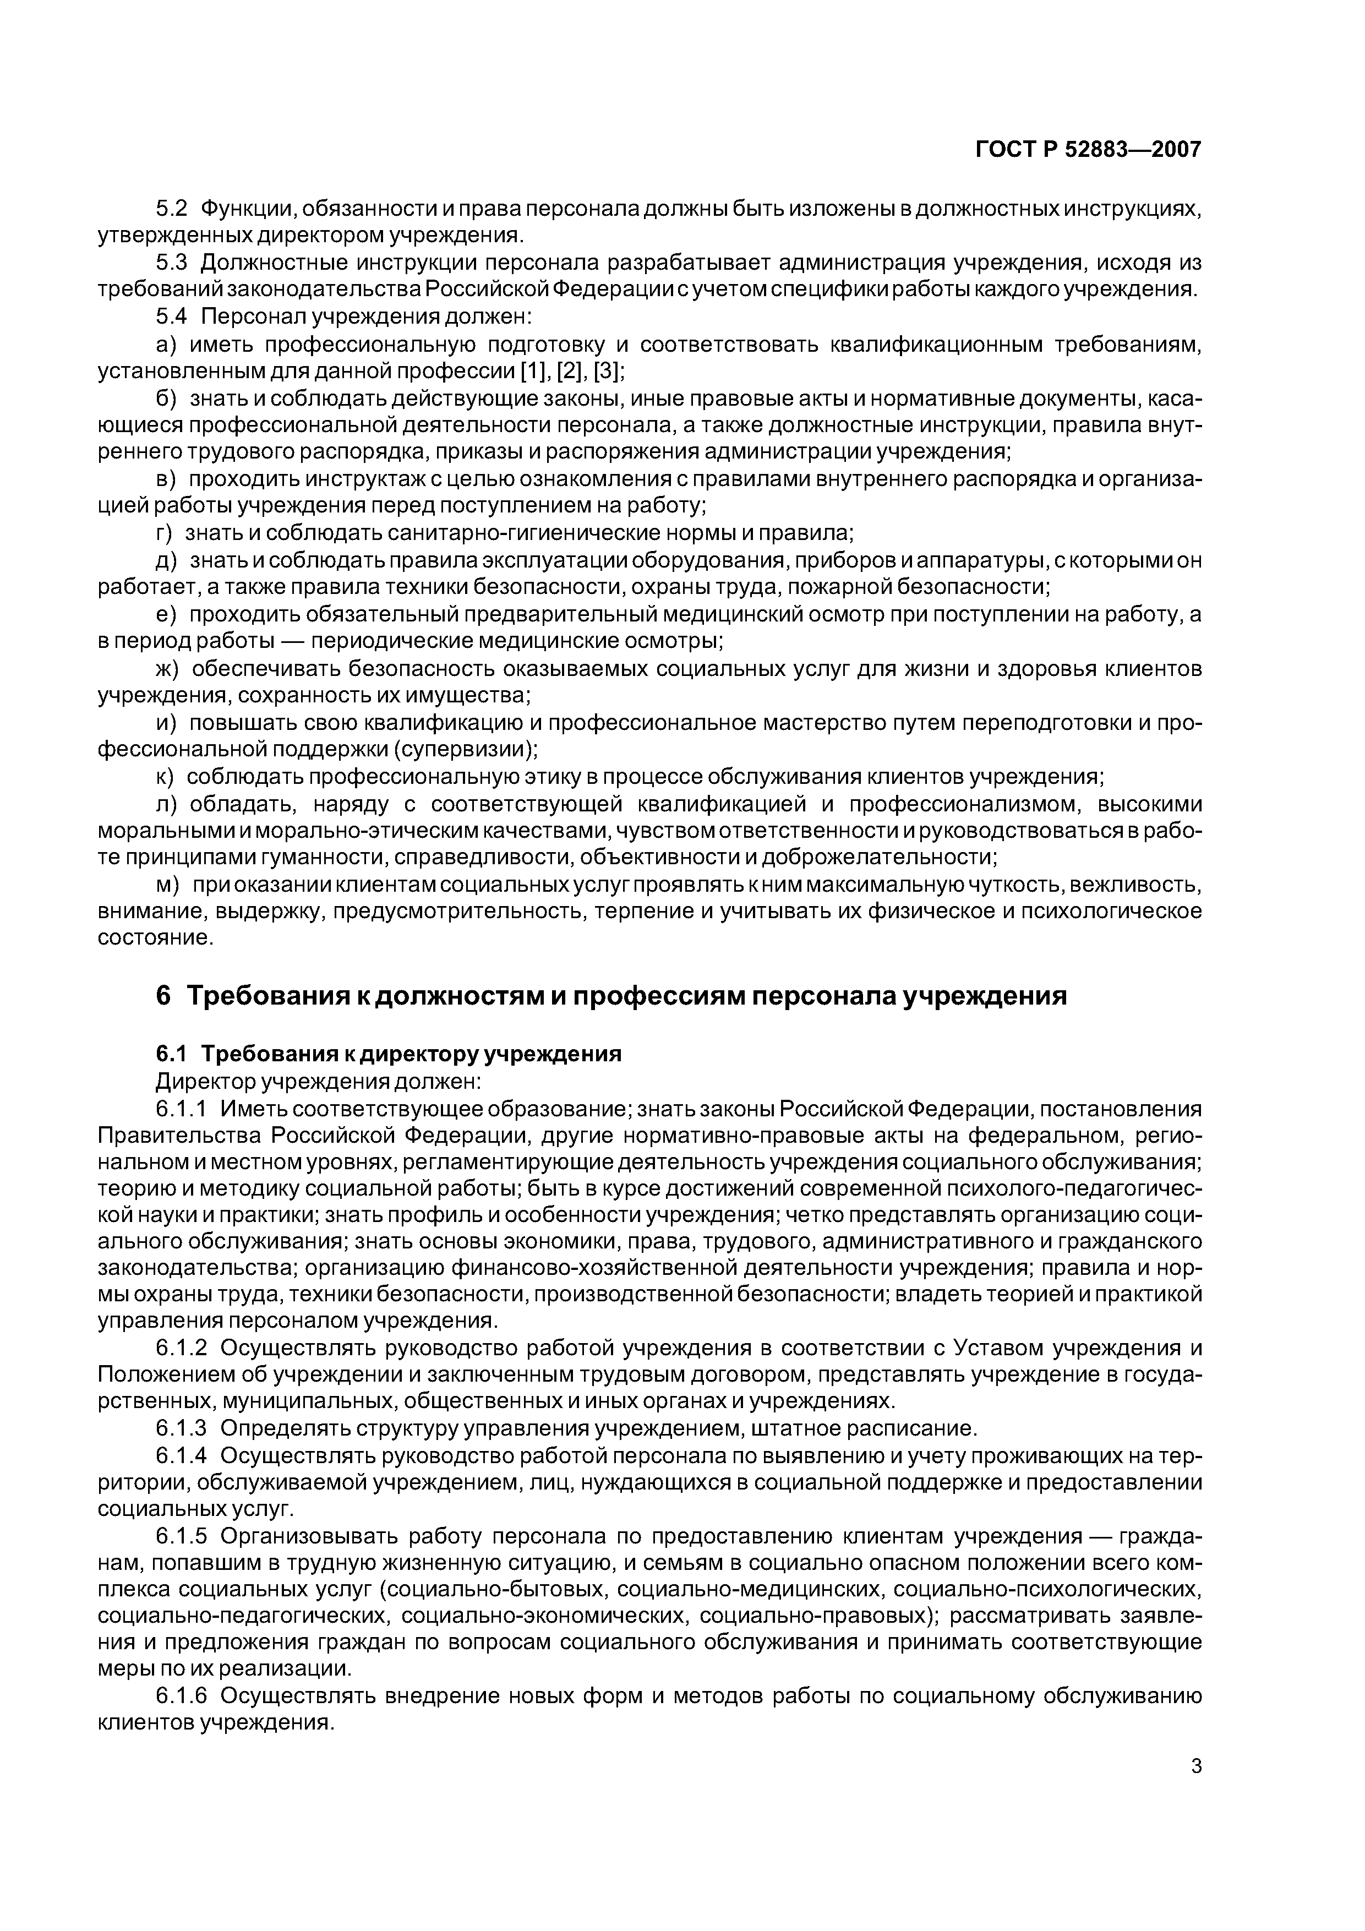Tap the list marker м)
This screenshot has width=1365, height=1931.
coord(168,885)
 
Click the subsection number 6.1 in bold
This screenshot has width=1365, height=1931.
coord(173,1054)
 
